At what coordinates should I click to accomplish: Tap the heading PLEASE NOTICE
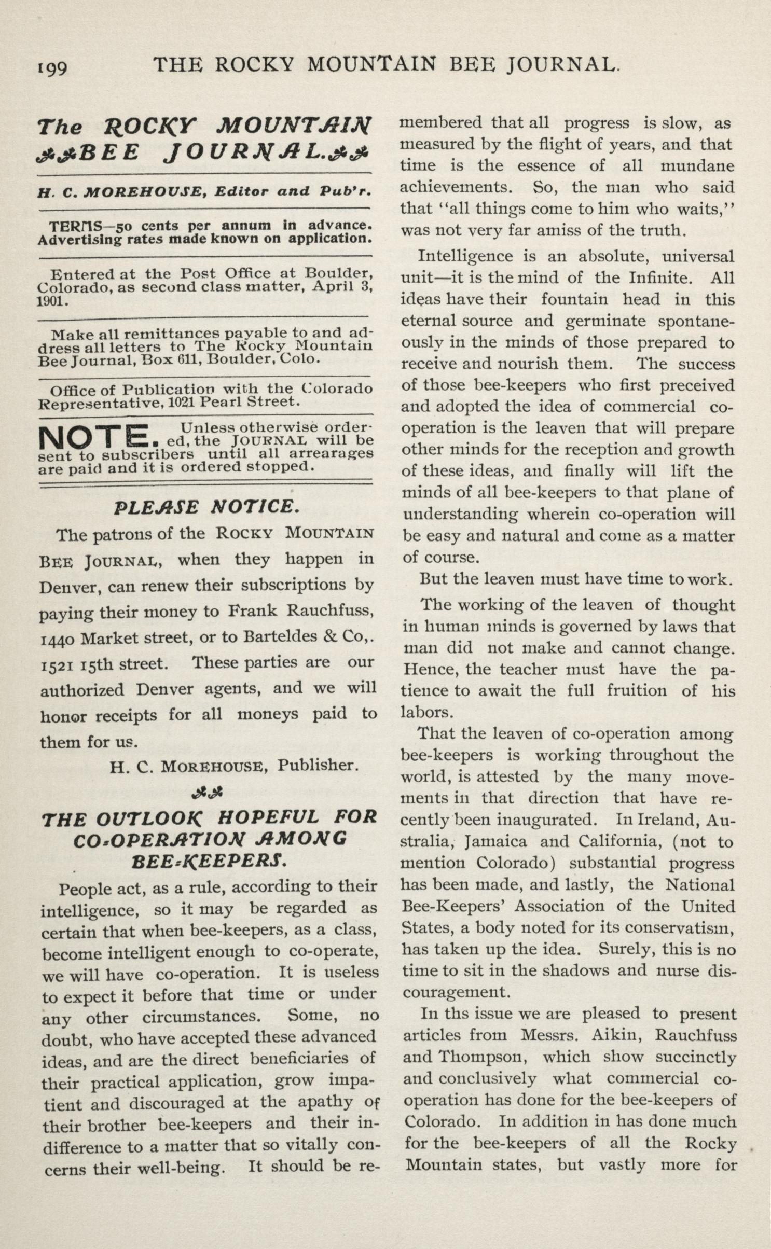[206, 506]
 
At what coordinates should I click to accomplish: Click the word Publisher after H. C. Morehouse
[318, 765]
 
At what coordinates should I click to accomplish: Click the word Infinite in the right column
[660, 277]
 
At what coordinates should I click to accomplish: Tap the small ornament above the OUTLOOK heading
[207, 792]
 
